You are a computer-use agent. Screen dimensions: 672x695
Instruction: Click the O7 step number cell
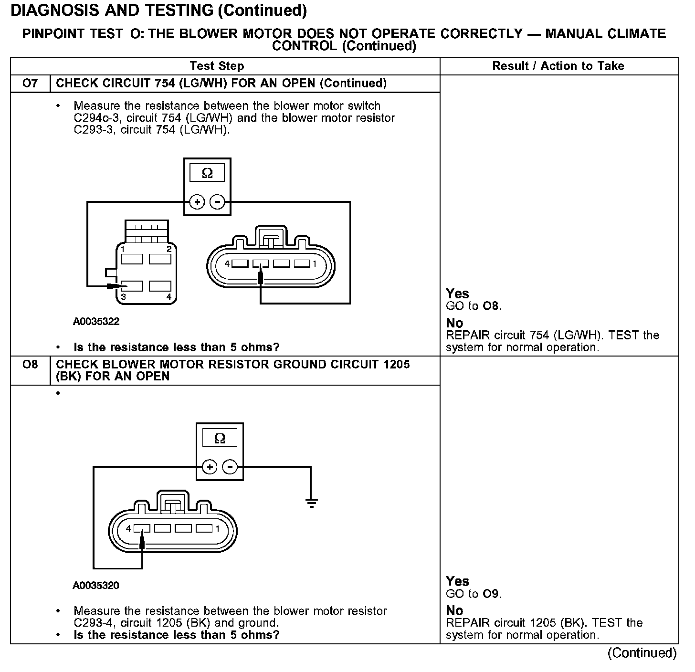point(30,84)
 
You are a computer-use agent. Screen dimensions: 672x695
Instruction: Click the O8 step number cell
point(30,365)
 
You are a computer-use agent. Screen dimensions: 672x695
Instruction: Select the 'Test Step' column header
point(217,66)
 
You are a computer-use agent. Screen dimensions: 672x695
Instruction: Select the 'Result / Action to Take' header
point(558,66)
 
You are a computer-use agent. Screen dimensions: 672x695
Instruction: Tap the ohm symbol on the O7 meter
point(207,173)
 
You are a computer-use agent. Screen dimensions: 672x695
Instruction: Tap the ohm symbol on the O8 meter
point(220,438)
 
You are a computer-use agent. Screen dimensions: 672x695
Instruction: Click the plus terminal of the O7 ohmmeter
point(197,202)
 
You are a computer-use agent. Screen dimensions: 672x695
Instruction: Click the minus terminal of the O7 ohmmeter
point(218,202)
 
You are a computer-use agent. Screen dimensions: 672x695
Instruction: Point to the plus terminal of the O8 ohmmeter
point(210,467)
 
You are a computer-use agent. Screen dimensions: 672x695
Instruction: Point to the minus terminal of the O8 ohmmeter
point(230,467)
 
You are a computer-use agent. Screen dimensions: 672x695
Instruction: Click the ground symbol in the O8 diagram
point(311,502)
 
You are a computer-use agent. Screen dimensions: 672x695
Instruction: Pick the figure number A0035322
point(96,322)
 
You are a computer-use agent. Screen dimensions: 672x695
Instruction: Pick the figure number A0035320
point(96,586)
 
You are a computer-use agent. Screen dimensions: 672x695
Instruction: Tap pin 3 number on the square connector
point(123,297)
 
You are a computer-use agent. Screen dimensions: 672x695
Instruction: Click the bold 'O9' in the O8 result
point(490,594)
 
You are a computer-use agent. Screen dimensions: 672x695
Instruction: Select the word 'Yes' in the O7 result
point(457,294)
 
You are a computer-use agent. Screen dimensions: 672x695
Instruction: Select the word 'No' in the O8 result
point(454,610)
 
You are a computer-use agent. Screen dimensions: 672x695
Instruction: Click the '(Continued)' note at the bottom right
point(642,653)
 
